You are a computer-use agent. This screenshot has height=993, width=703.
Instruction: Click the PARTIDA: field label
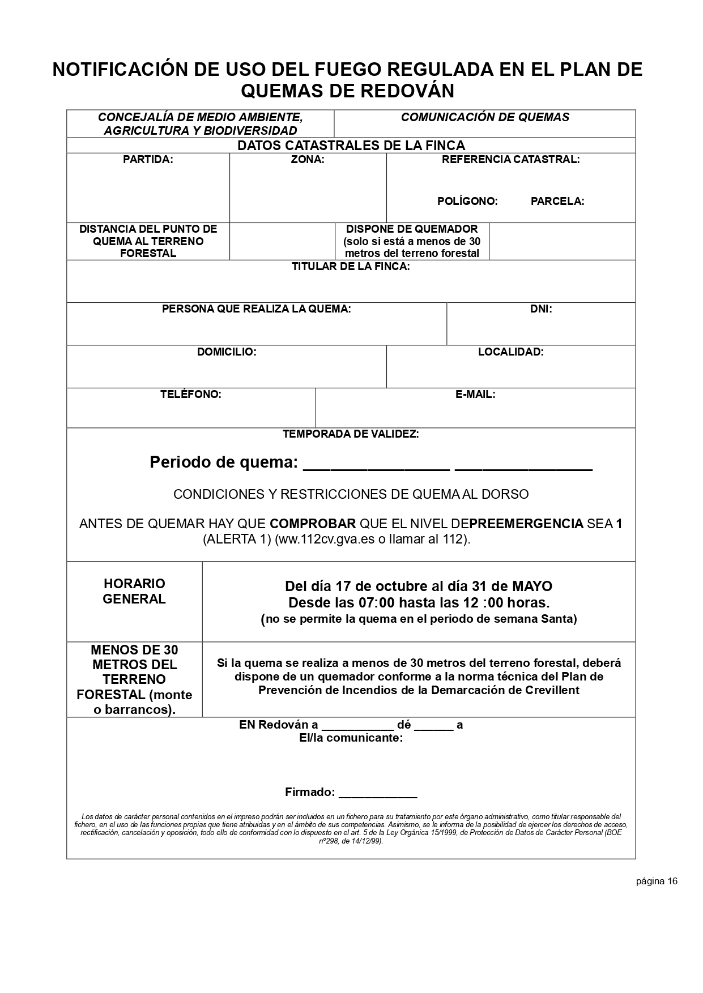click(148, 160)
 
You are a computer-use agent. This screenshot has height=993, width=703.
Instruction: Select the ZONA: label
click(308, 160)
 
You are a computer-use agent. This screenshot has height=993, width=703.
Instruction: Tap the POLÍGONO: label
click(467, 202)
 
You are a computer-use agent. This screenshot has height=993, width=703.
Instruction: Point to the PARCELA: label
click(557, 202)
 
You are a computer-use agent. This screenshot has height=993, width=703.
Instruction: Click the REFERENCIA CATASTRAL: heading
click(510, 160)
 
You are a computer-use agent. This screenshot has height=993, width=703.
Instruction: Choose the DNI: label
click(541, 309)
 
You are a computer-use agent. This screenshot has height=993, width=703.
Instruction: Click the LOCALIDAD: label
click(510, 352)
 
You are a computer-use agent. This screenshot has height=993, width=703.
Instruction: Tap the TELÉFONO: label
click(191, 395)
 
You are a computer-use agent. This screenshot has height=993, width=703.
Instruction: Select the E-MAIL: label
click(475, 395)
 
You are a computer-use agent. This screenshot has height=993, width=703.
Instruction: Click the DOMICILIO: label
click(227, 352)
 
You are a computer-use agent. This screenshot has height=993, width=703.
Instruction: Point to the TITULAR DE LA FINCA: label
click(351, 267)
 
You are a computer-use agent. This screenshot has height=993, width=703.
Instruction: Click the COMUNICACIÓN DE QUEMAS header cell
click(485, 118)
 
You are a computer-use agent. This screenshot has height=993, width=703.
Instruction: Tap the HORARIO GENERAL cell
click(134, 592)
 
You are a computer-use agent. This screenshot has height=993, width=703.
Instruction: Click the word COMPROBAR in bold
click(313, 524)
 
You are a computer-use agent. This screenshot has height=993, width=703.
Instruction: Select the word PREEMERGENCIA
click(526, 524)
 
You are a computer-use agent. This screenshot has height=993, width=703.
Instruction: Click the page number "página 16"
click(657, 881)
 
